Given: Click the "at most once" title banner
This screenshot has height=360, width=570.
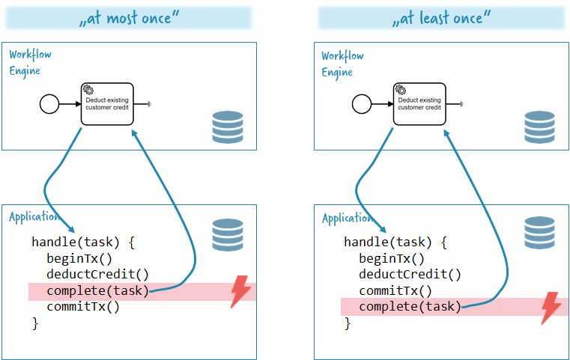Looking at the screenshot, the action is click(129, 17).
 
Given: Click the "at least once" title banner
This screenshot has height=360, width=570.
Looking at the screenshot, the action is click(441, 17).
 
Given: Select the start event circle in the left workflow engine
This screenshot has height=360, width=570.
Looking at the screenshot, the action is click(49, 104).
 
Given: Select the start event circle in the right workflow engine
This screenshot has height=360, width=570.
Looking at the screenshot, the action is click(362, 104).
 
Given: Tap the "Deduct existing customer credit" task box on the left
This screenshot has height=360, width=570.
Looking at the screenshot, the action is click(107, 104).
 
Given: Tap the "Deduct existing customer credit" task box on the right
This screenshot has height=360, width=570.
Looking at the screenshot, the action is click(419, 104).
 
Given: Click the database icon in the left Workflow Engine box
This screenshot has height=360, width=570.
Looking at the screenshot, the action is click(228, 126).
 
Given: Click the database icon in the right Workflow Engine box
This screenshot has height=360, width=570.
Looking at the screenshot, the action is click(539, 126).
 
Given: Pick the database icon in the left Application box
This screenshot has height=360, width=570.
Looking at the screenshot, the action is click(228, 235).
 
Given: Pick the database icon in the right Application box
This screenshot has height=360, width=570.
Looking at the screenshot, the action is click(539, 233).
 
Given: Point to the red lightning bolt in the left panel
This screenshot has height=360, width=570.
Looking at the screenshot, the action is click(240, 291).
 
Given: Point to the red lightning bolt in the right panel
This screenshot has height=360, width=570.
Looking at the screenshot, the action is click(551, 308).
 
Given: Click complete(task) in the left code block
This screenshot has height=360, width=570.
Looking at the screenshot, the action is click(98, 290).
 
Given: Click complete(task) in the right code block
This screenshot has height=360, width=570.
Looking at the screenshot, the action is click(410, 307).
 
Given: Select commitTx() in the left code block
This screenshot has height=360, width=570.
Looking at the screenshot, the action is click(83, 307).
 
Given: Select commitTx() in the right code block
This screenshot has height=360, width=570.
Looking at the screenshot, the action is click(395, 290).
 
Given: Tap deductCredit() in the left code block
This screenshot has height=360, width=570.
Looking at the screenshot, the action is click(98, 274).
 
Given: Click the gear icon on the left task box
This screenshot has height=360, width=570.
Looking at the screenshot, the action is click(88, 89).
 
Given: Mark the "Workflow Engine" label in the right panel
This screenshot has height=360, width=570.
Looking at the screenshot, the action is click(342, 64).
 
